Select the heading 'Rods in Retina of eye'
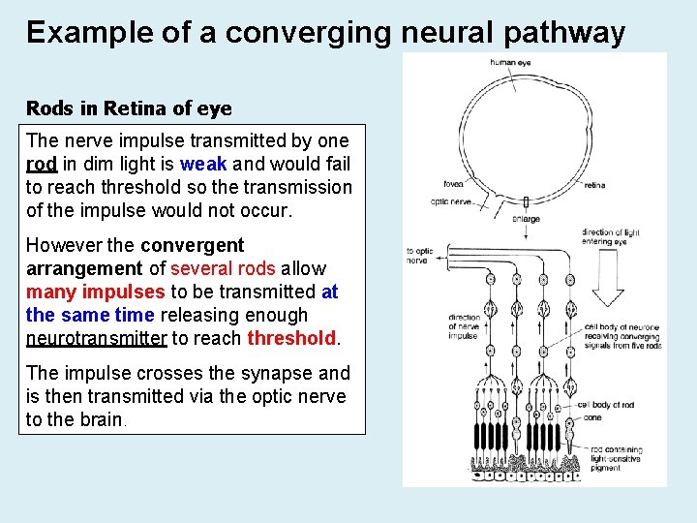tap(129, 108)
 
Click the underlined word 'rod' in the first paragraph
tap(42, 164)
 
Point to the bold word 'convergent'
tap(193, 245)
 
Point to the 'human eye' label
tap(510, 63)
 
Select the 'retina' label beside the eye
tap(594, 185)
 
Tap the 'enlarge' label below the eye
tap(526, 219)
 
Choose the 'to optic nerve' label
tap(418, 256)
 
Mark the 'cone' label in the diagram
tap(591, 417)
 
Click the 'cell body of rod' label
tap(608, 405)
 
